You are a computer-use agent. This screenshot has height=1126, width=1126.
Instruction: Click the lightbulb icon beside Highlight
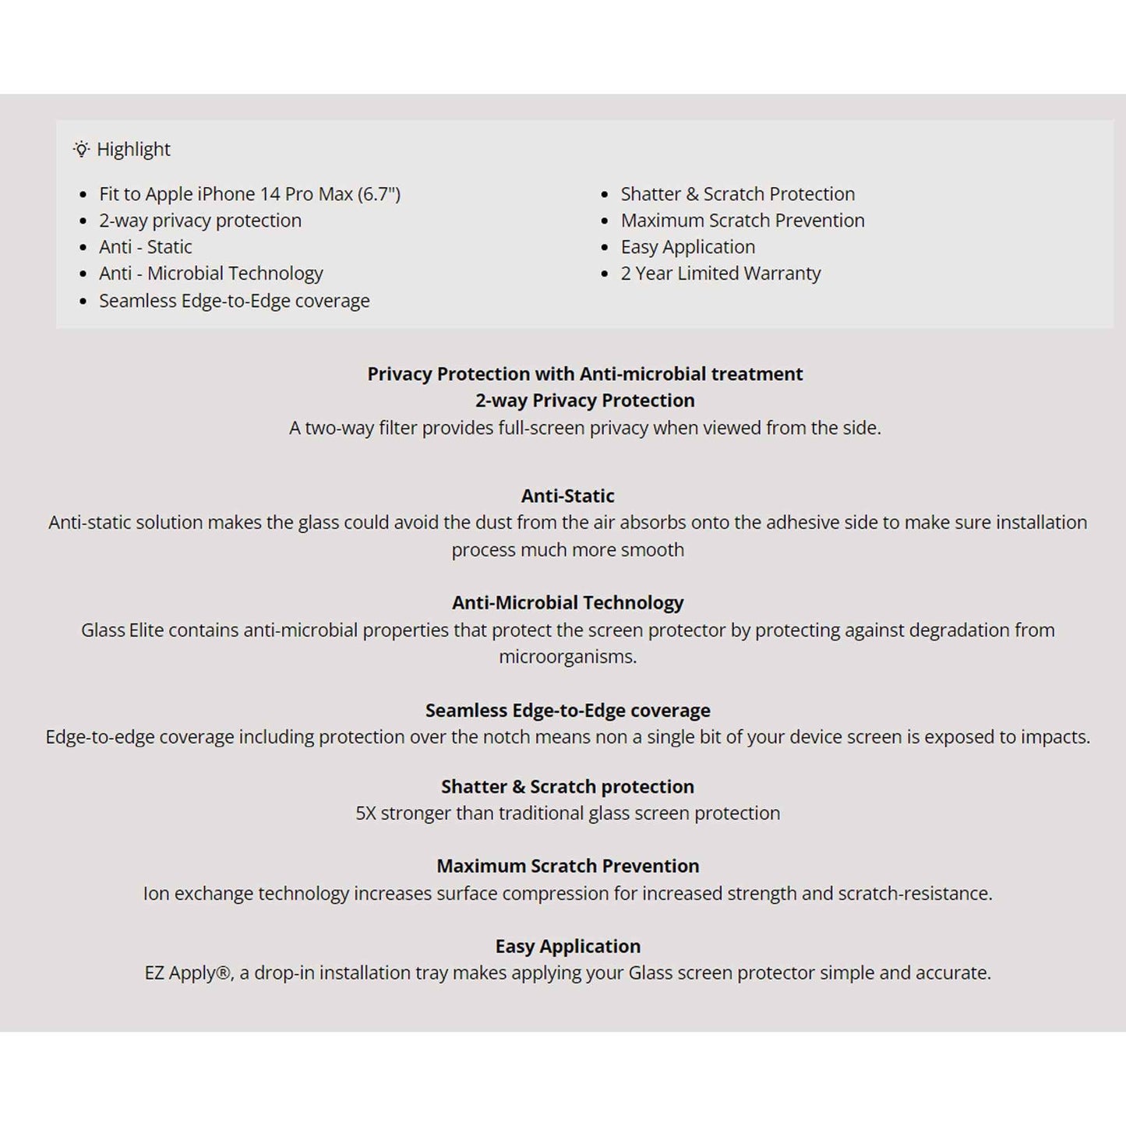81,149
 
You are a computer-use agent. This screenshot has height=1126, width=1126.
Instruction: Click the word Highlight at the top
133,149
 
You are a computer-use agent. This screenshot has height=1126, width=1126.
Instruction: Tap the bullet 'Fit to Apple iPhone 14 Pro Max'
249,194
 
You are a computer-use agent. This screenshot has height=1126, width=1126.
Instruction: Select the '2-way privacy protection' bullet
200,221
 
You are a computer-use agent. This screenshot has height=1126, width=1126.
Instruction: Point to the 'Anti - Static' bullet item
146,247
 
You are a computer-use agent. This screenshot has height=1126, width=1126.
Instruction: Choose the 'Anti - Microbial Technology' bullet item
211,274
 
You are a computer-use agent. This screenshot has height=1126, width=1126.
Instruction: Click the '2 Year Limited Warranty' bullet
721,274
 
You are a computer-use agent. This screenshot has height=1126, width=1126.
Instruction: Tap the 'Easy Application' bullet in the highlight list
688,247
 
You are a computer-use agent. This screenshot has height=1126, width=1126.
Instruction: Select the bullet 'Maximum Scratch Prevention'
743,221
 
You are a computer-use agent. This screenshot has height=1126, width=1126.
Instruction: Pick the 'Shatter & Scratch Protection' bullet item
738,194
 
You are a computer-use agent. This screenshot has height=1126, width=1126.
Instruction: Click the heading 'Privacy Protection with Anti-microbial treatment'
585,374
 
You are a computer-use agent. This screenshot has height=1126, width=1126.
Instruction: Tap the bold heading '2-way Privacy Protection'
585,401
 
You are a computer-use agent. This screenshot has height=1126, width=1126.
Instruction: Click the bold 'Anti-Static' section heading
568,496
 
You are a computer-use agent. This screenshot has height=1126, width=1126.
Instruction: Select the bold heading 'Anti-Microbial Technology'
568,602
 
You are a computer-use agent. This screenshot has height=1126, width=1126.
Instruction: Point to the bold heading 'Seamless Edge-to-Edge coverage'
568,710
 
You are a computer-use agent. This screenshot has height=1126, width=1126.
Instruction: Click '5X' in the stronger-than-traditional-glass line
365,814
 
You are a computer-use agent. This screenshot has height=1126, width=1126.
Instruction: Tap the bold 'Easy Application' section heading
568,946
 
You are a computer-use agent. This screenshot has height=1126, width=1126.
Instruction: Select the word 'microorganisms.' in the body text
568,657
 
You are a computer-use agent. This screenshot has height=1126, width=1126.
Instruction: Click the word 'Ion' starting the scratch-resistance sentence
156,893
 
